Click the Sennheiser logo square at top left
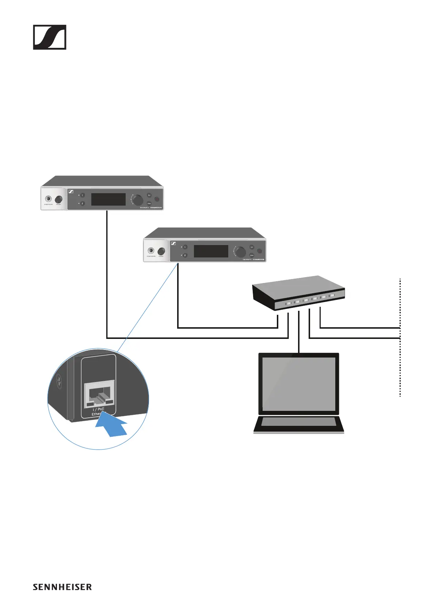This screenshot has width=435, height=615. (50, 37)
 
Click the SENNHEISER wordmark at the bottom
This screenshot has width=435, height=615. (62, 587)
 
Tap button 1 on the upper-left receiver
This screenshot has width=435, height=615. (83, 195)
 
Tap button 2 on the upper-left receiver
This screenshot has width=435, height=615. (83, 203)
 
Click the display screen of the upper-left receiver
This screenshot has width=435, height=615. (108, 199)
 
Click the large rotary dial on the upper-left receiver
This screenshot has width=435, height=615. (138, 200)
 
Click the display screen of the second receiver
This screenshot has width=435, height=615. (211, 251)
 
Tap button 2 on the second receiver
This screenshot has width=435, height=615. (185, 255)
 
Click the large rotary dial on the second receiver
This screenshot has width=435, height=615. (240, 252)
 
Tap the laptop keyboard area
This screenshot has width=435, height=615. (299, 422)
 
